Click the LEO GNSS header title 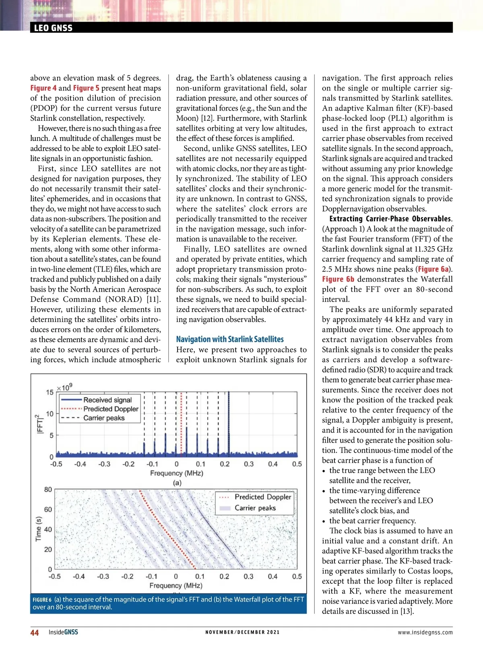click(53, 28)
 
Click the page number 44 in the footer click(35, 633)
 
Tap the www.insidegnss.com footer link click(425, 633)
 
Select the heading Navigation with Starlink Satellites click(230, 339)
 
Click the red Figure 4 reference click(41, 88)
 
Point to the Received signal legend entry click(107, 400)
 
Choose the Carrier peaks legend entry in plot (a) click(104, 418)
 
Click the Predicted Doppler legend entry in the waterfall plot click(262, 497)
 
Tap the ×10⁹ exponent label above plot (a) click(64, 387)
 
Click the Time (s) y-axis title click(39, 529)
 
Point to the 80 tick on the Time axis click(48, 490)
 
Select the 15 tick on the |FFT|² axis click(50, 392)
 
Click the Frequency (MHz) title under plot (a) click(177, 473)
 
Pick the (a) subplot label click(177, 483)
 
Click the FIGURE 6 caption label click(42, 600)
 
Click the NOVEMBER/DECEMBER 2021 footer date click(242, 633)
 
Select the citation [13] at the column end click(407, 612)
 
